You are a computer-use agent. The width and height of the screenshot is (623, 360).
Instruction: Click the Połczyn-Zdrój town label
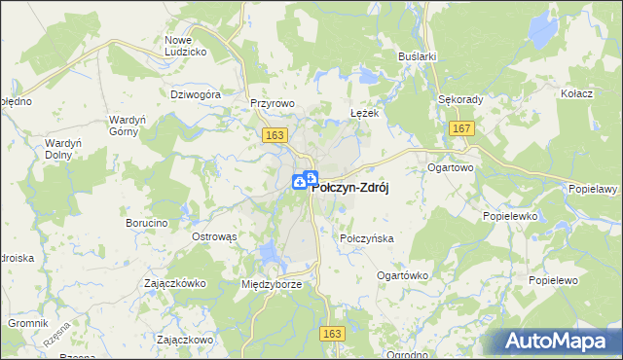coord(349,189)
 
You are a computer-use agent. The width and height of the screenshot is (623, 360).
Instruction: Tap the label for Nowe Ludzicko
coord(184,45)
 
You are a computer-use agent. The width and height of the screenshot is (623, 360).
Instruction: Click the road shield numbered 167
coord(462,129)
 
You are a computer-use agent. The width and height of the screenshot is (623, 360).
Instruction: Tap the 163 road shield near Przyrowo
coord(273,138)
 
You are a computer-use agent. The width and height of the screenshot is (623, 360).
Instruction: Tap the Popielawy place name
coord(595,189)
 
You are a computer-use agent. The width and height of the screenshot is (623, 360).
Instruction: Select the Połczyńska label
coord(366,238)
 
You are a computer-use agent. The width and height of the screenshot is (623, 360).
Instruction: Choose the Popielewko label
coord(509,220)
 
